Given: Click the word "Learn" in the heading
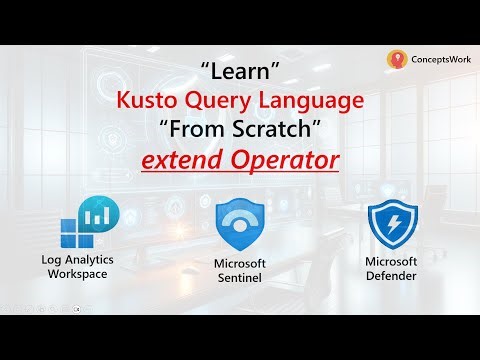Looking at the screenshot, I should (240, 73).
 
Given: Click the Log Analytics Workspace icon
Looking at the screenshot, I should (90, 223).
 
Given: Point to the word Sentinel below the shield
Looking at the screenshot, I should (239, 277).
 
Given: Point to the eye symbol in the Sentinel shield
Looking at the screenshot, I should (240, 225).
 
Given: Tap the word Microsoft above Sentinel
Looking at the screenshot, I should (240, 263).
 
